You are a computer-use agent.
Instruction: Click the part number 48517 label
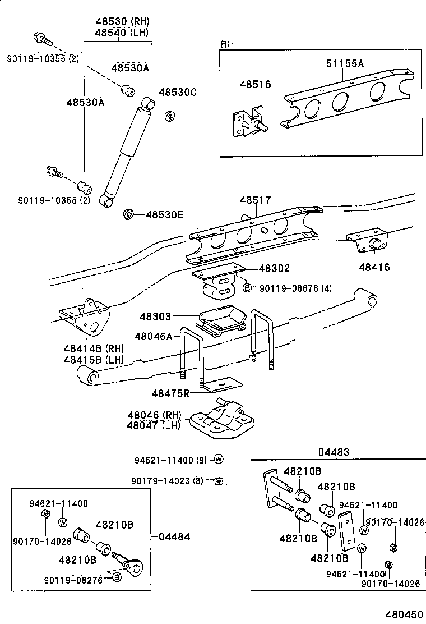(x=256, y=200)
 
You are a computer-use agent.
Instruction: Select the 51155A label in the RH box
(x=345, y=63)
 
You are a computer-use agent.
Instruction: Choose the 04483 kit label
(x=334, y=452)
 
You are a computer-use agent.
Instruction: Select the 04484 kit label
(x=175, y=537)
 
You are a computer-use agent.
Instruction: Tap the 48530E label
(x=165, y=214)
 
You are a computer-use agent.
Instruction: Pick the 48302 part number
(x=275, y=269)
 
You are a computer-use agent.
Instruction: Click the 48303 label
(x=156, y=317)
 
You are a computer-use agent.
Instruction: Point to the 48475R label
(x=171, y=393)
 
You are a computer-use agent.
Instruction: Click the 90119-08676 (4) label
(x=295, y=288)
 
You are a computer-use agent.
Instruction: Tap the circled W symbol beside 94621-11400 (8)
(x=219, y=460)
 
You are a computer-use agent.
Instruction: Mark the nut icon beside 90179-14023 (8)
(x=219, y=480)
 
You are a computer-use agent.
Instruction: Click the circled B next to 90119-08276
(x=117, y=577)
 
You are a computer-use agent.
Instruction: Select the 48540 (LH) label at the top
(x=121, y=32)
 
